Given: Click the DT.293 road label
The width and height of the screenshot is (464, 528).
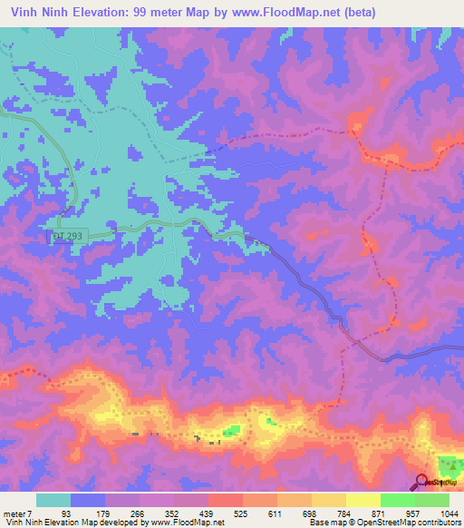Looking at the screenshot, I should click(68, 236).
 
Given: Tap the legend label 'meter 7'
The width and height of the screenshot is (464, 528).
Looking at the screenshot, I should click(18, 514).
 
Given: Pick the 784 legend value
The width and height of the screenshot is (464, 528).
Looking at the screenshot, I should click(332, 514).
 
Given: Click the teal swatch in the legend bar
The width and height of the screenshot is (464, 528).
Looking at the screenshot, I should click(53, 500).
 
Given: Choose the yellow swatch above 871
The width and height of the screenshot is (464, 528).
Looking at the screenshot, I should click(362, 500).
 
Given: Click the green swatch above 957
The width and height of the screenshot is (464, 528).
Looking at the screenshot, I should click(398, 500).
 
